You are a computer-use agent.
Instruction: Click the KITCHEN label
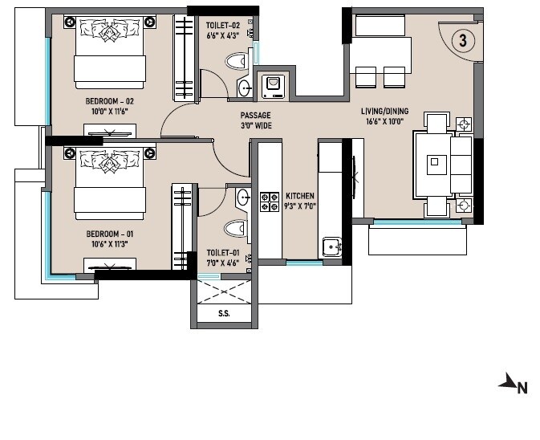(x=299, y=196)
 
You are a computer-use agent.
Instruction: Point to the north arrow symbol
(x=510, y=385)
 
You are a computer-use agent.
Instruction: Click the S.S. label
(x=223, y=314)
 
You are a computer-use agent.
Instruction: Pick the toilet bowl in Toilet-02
(x=238, y=62)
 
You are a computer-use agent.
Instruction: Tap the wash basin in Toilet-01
(x=242, y=195)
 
